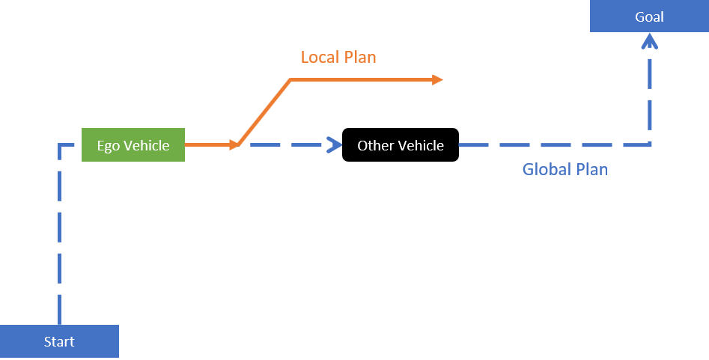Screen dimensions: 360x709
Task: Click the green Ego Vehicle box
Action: (x=133, y=145)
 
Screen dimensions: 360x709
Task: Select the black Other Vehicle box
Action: (x=400, y=145)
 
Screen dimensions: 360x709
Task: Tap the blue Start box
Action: (x=59, y=342)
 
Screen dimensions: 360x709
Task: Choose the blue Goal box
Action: (x=648, y=16)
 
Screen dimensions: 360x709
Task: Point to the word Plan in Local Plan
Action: (x=361, y=57)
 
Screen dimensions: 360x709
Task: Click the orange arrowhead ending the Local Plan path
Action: (x=438, y=79)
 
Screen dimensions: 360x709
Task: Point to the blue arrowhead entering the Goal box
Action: (x=650, y=43)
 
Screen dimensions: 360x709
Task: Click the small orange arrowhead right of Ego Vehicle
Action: (x=233, y=145)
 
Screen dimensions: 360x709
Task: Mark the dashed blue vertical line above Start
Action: (x=59, y=240)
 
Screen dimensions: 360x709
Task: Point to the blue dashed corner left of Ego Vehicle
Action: (x=60, y=145)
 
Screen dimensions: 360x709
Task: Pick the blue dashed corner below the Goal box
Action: (x=650, y=144)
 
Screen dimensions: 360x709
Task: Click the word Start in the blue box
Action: (x=59, y=342)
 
